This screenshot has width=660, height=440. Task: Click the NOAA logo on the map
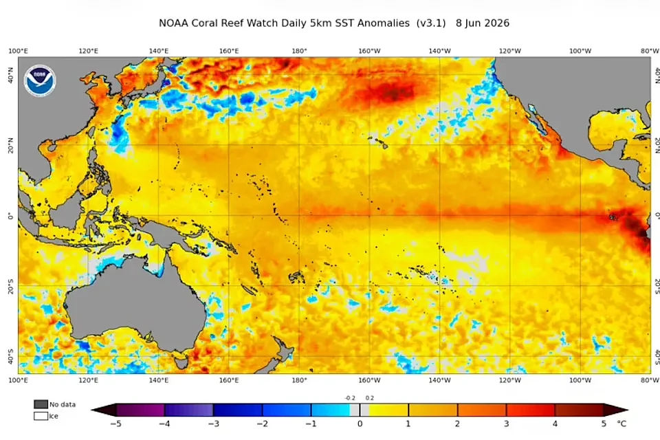click(x=40, y=81)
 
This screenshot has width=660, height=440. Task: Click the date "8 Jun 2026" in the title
click(x=483, y=23)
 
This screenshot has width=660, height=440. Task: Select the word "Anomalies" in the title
click(x=383, y=23)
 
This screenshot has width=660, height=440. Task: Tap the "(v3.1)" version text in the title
click(x=431, y=23)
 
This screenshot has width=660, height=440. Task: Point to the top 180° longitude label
click(x=299, y=51)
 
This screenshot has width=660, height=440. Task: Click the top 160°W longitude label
click(x=369, y=51)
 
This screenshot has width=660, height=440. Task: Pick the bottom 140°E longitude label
click(x=159, y=380)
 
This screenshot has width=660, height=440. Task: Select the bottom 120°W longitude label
click(x=509, y=380)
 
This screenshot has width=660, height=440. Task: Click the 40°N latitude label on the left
click(x=10, y=75)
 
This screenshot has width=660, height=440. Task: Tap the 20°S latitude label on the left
click(x=10, y=286)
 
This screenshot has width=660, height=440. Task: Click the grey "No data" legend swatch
click(x=41, y=404)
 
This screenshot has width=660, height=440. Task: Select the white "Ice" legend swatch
click(x=41, y=416)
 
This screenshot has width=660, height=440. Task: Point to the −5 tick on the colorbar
click(x=115, y=423)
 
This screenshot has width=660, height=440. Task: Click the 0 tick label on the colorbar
click(x=360, y=423)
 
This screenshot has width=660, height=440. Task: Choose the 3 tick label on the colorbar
click(x=506, y=423)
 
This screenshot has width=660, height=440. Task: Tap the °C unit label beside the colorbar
click(x=621, y=423)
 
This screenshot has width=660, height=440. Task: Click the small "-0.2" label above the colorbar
click(x=350, y=398)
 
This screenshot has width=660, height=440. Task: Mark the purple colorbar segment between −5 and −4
click(x=140, y=410)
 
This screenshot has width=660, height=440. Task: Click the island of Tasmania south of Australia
click(x=181, y=361)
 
